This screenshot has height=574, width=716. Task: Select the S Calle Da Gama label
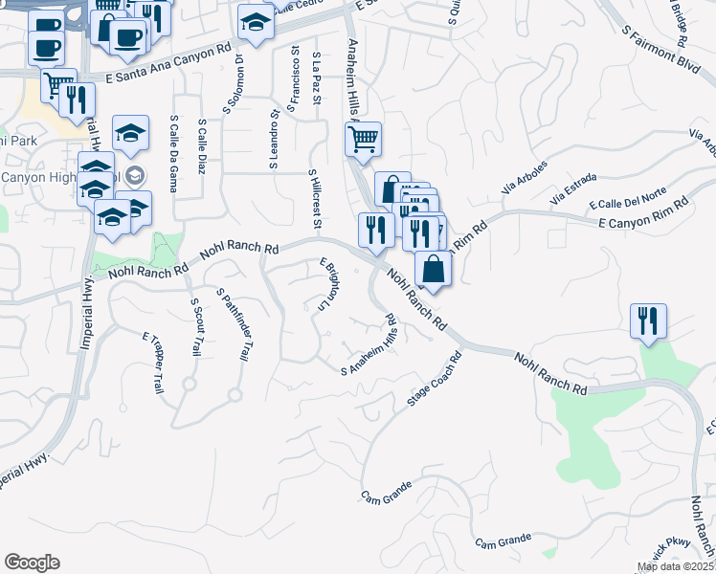(x=173, y=153)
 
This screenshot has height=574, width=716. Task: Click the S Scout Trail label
(x=195, y=328)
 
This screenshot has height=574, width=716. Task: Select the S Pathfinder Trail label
(x=233, y=324)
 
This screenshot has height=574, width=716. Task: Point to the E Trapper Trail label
(x=153, y=364)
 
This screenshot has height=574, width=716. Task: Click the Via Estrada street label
(x=573, y=190)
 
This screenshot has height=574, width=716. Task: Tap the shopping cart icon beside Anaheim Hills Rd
(x=363, y=140)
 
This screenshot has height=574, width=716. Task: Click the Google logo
(x=32, y=563)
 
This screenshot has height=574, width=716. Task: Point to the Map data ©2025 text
(x=675, y=567)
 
